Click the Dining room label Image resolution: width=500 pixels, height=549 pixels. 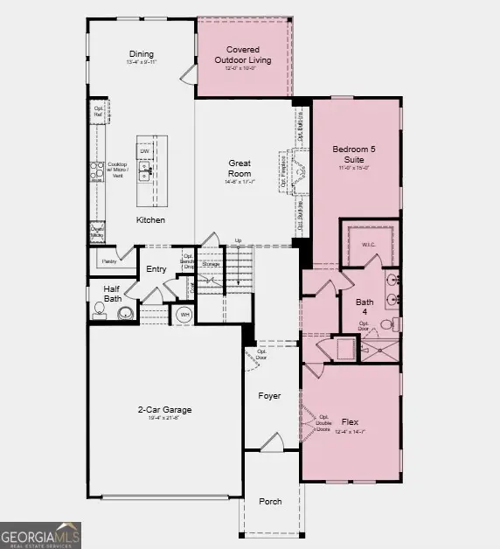coord(141,53)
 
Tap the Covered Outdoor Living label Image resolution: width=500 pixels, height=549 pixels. coord(243,55)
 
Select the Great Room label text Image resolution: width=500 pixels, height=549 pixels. coord(240,168)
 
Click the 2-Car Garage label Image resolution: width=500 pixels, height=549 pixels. coord(164,410)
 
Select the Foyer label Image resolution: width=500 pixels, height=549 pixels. coord(269,396)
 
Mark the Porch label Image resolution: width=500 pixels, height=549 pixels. coord(270,501)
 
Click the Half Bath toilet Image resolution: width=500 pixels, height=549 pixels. coord(99,309)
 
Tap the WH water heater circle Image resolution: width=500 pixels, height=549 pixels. coord(184,315)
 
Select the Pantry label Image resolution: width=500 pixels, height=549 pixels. coord(108,261)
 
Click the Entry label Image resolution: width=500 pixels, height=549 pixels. coord(156,269)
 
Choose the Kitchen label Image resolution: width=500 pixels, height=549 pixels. coord(150,220)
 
